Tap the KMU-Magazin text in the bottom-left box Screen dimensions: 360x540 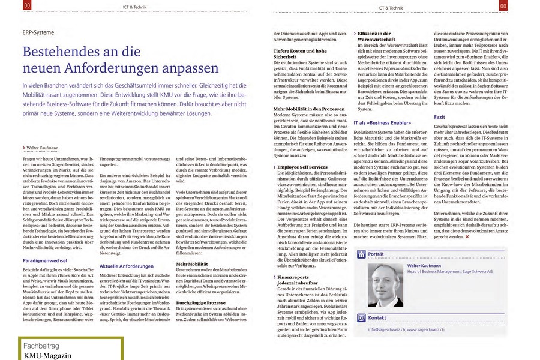coord(47,356)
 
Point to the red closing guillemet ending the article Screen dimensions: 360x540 coord(467,236)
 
